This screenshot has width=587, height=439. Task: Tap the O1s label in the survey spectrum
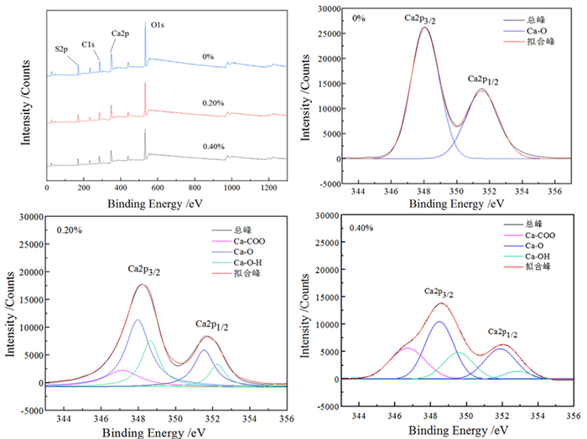[x=157, y=26]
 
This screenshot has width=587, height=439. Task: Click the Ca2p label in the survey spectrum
[x=121, y=34]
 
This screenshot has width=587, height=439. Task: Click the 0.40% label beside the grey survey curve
[x=213, y=147]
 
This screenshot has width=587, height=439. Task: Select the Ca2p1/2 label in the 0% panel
[x=483, y=80]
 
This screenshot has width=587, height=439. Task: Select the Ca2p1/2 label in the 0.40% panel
[x=503, y=334]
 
